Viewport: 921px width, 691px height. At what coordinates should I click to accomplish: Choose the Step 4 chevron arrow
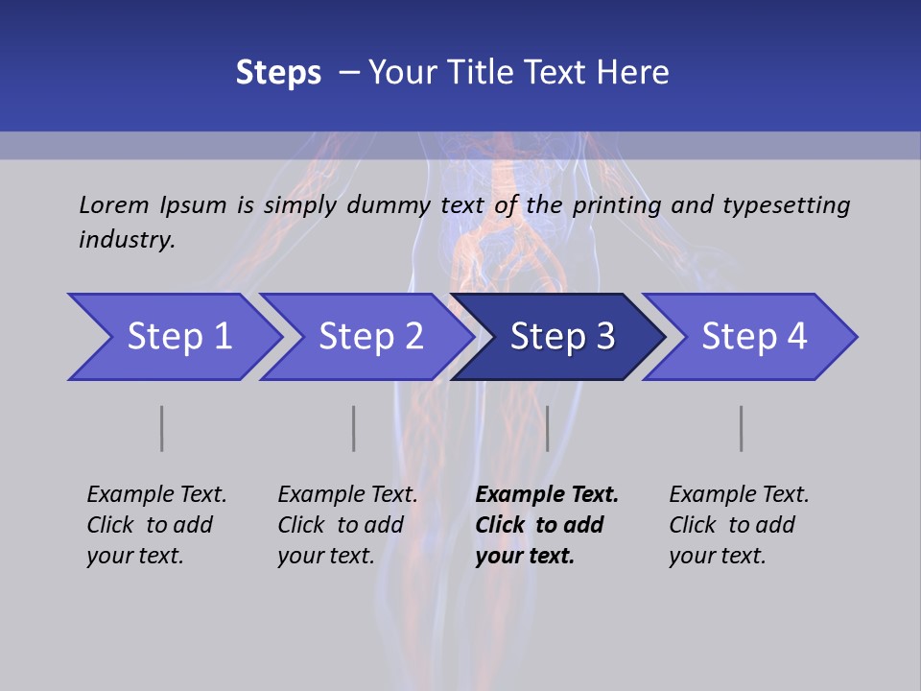click(x=753, y=337)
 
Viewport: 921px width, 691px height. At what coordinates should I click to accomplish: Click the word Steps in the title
click(x=278, y=72)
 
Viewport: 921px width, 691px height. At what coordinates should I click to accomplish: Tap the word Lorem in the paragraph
click(x=113, y=204)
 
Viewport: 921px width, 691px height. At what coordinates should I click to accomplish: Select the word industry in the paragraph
click(x=126, y=239)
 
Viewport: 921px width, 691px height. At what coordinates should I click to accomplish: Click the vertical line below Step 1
click(x=161, y=428)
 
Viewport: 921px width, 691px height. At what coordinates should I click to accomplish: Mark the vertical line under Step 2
click(x=353, y=428)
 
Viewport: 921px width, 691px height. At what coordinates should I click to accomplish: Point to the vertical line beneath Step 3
click(x=547, y=428)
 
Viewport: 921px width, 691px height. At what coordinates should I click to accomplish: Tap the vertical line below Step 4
click(x=741, y=428)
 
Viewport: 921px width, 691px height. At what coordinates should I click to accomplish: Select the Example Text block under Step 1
click(x=156, y=525)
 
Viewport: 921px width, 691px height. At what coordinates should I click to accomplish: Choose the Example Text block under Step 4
click(x=739, y=525)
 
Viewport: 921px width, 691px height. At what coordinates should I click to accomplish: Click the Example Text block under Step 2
click(x=347, y=525)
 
